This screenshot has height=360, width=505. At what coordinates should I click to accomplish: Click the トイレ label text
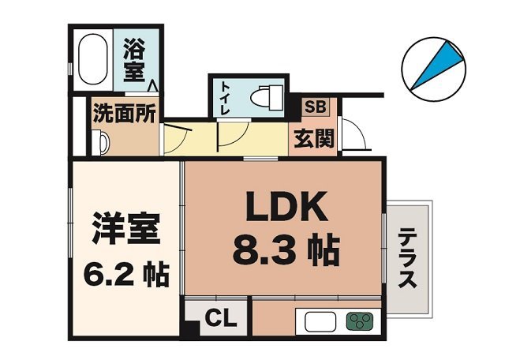(x=224, y=99)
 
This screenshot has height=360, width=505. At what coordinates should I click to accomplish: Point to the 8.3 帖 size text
(x=283, y=252)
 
